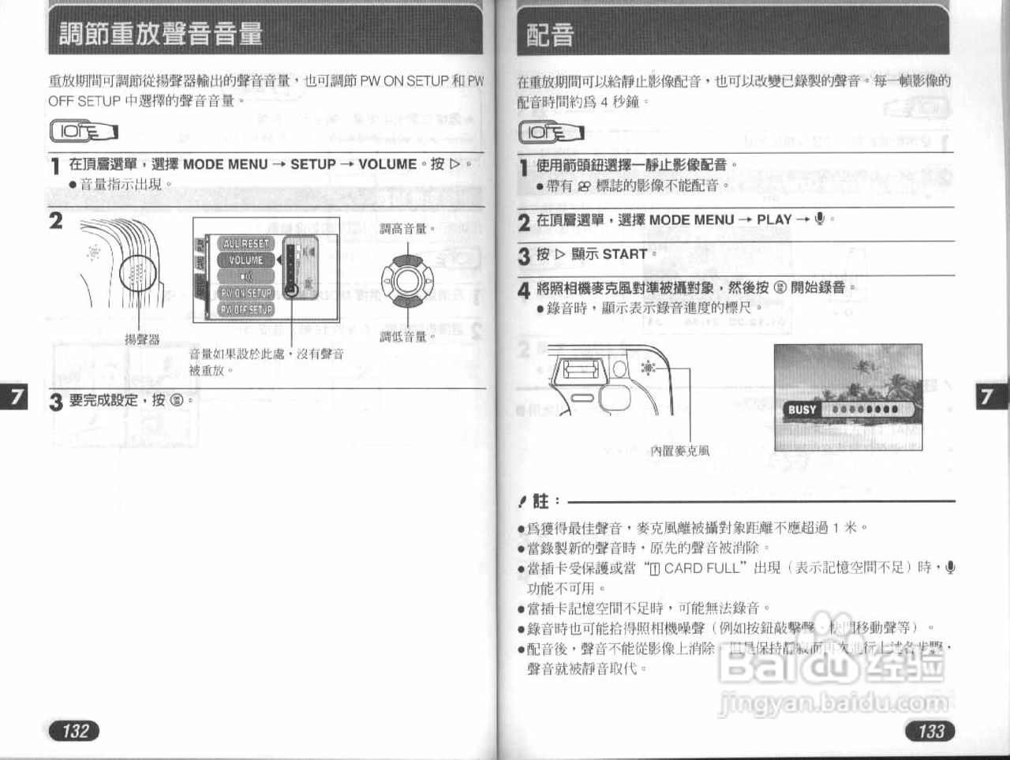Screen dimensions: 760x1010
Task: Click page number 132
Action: click(76, 730)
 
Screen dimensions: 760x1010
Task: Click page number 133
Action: click(930, 730)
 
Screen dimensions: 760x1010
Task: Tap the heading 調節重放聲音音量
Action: click(161, 34)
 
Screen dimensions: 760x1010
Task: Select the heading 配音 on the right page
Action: click(550, 35)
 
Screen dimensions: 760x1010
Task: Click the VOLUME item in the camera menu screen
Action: click(246, 260)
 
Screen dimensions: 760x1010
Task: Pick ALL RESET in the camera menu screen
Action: click(246, 244)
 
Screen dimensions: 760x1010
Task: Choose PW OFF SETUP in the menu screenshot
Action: click(246, 309)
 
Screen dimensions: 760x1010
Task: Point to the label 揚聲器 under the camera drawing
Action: click(142, 339)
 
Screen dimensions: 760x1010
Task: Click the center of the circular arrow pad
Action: click(407, 281)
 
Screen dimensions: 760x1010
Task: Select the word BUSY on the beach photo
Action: click(802, 410)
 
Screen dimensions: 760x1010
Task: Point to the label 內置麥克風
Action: click(679, 451)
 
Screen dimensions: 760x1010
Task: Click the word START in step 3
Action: click(624, 254)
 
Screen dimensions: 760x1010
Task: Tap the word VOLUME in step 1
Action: click(387, 164)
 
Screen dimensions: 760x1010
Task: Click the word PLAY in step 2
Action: click(774, 220)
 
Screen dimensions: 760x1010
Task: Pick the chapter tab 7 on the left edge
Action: click(17, 396)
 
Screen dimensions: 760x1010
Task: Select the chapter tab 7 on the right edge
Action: click(987, 396)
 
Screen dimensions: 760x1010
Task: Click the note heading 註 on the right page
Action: click(541, 500)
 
